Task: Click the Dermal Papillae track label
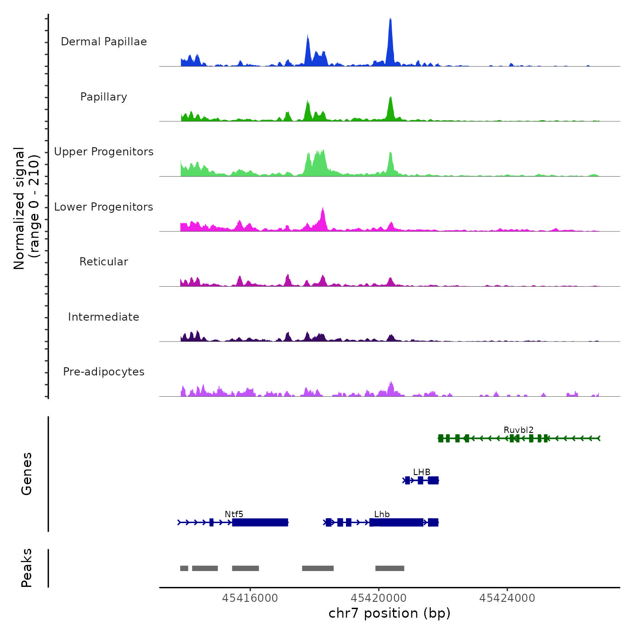coord(104,42)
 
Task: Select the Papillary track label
coord(104,97)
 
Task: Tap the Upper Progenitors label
coord(104,152)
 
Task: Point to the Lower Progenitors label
coord(104,207)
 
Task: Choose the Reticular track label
coord(104,262)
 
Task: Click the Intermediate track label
coord(104,317)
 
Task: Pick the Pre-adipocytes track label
coord(104,372)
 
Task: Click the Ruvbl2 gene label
coord(519,430)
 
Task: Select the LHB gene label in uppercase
coord(422,472)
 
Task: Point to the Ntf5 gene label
coord(234,514)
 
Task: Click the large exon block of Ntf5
coord(260,523)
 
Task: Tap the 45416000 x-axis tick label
coord(250,598)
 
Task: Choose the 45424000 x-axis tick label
coord(507,598)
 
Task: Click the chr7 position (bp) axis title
coord(389,613)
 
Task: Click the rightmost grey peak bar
coord(389,568)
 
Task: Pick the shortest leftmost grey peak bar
coord(184,568)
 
